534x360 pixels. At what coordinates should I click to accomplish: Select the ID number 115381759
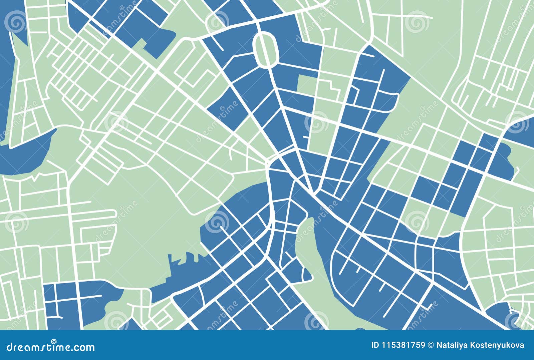coord(404,345)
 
